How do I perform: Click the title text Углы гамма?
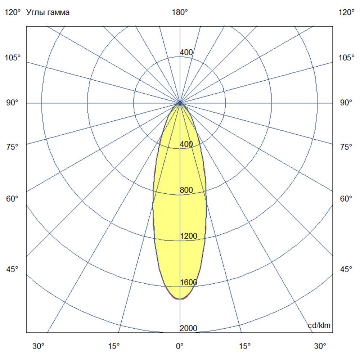(48, 13)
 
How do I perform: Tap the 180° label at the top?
(180, 13)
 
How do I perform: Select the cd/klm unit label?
(319, 326)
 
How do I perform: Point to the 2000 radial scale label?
(189, 328)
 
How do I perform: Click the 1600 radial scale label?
(189, 282)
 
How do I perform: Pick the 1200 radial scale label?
(189, 236)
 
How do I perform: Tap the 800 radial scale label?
(186, 190)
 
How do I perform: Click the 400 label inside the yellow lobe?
(186, 144)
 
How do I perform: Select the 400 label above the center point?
(186, 53)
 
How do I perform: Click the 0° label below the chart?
(180, 346)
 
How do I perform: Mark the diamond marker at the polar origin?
(180, 103)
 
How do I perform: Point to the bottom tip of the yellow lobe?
(180, 299)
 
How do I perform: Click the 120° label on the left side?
(13, 13)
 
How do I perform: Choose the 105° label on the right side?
(347, 58)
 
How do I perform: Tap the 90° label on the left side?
(13, 103)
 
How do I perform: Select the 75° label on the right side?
(347, 147)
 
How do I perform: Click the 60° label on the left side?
(13, 199)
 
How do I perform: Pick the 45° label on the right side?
(347, 270)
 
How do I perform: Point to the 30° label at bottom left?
(39, 346)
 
